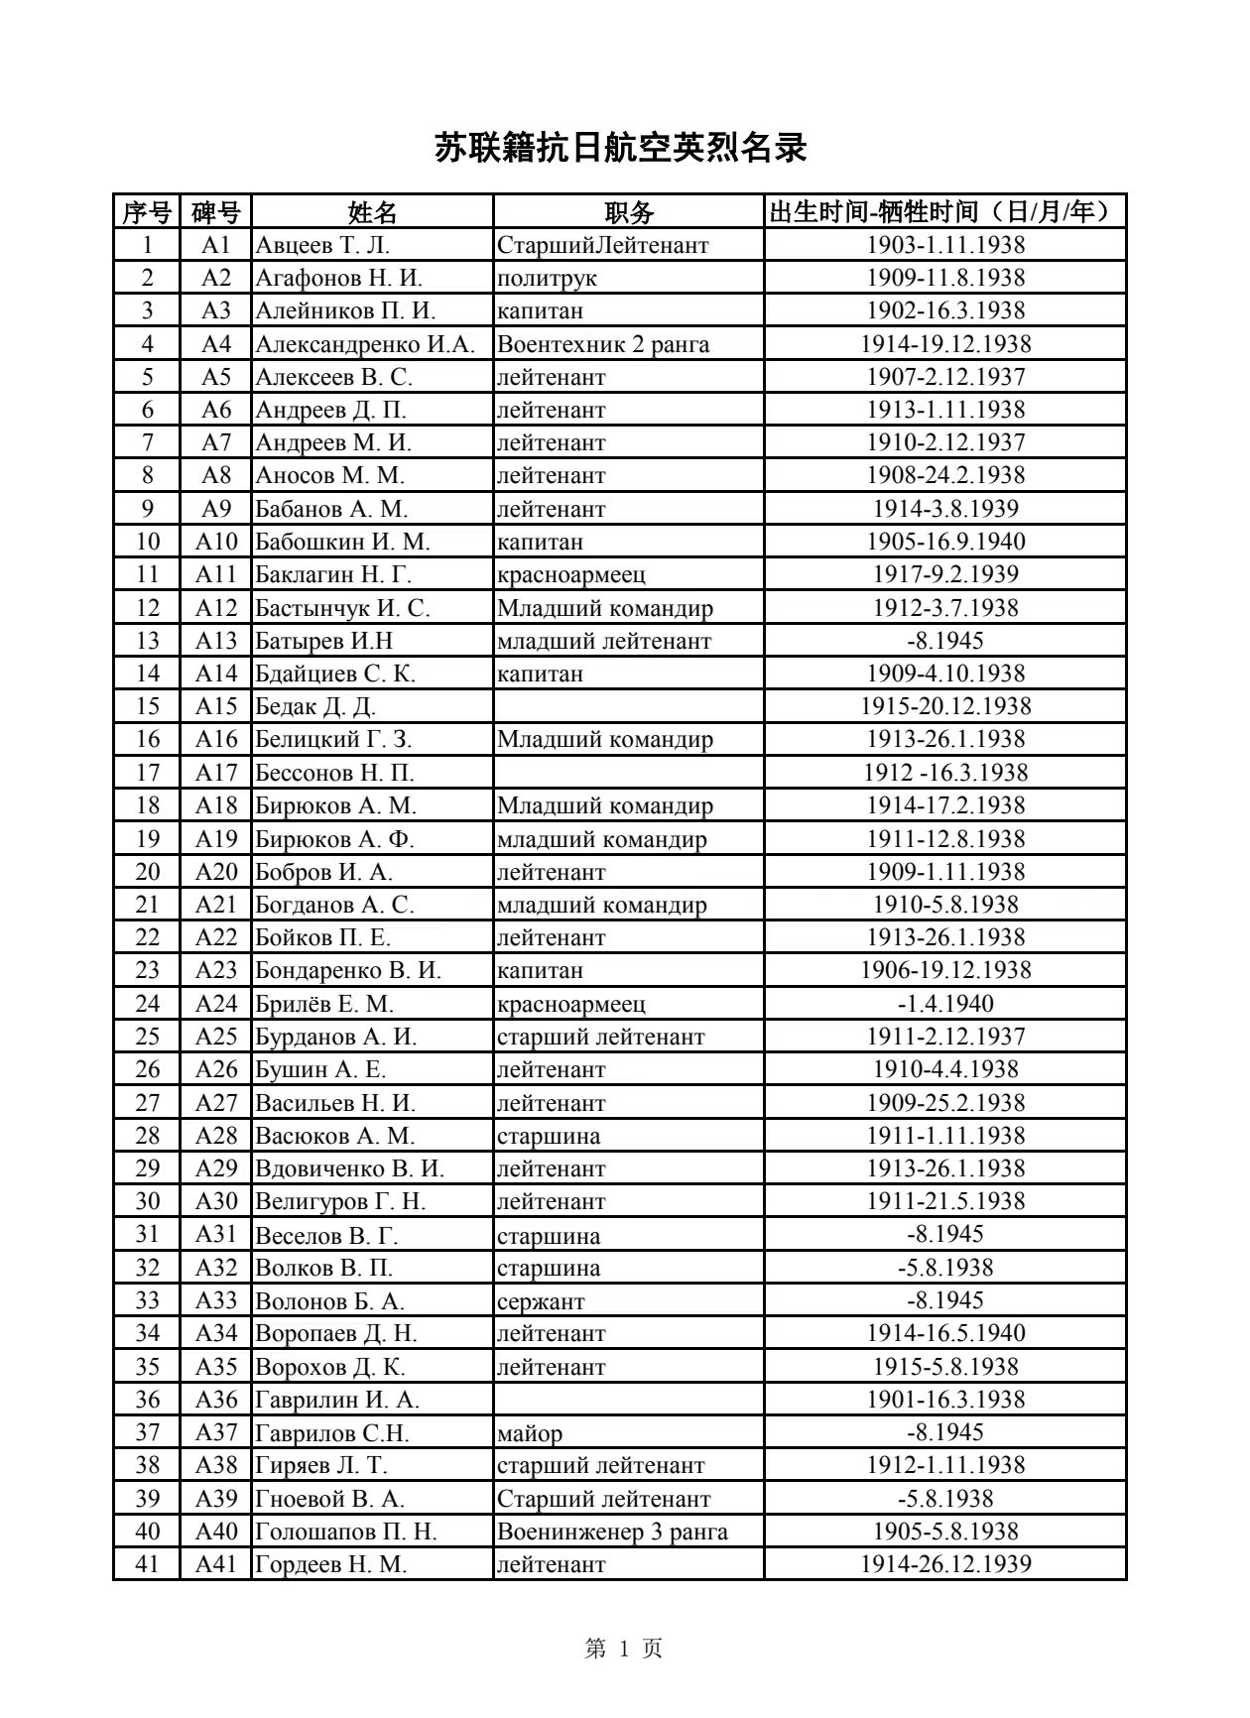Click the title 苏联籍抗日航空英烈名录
click(621, 149)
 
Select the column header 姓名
click(372, 212)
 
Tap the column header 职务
click(629, 212)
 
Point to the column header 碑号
click(216, 212)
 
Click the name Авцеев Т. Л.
click(322, 245)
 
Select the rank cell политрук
click(547, 278)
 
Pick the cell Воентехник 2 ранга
click(603, 344)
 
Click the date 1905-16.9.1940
click(945, 542)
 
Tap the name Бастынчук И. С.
click(342, 608)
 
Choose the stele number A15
click(216, 706)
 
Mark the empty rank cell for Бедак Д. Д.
click(629, 706)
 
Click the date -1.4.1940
click(945, 1004)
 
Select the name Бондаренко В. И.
click(348, 970)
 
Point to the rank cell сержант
click(541, 1300)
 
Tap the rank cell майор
click(530, 1432)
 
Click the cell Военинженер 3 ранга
click(612, 1532)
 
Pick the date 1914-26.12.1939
click(945, 1564)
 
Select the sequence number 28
click(148, 1136)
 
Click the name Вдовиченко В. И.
click(349, 1168)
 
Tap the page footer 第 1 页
click(624, 1649)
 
